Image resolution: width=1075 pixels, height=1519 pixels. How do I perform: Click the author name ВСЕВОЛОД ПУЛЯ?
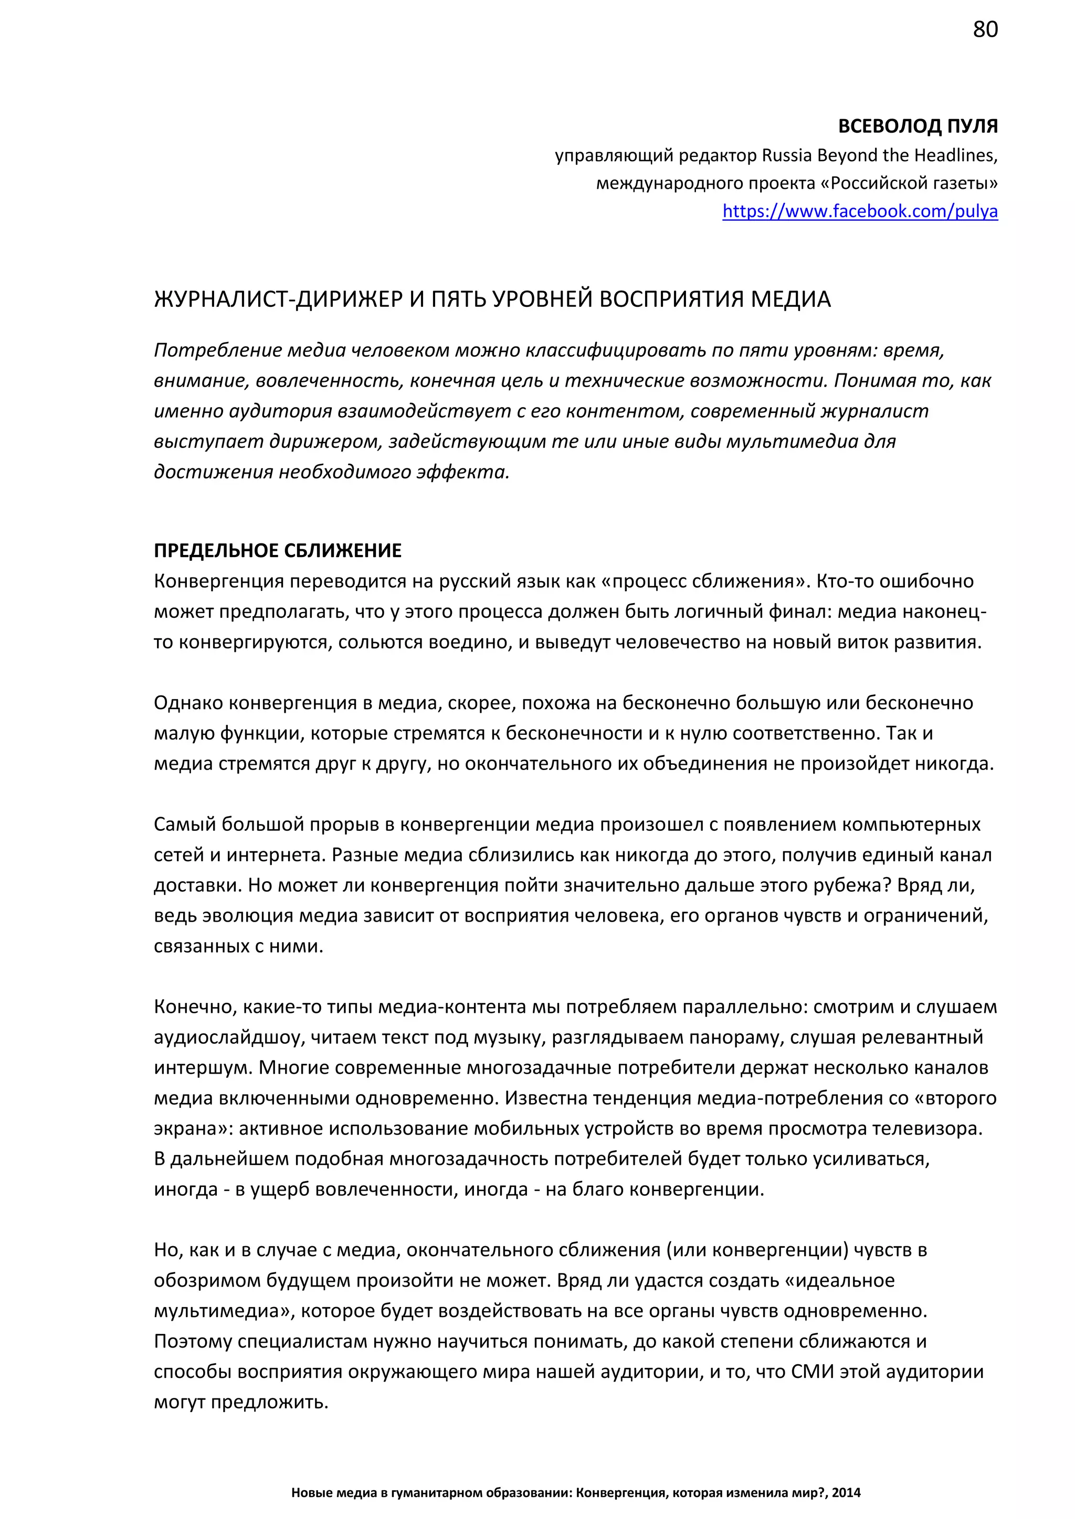[918, 126]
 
